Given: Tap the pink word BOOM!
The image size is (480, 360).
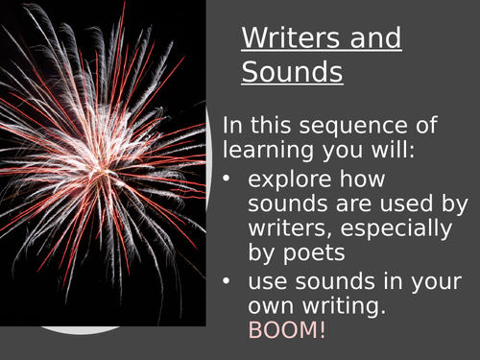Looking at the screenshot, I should (x=288, y=332).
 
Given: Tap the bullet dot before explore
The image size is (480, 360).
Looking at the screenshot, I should (x=228, y=178).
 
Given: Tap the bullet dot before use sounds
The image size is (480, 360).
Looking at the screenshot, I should (x=228, y=282).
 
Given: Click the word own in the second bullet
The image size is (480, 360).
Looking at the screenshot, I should (x=268, y=308).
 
